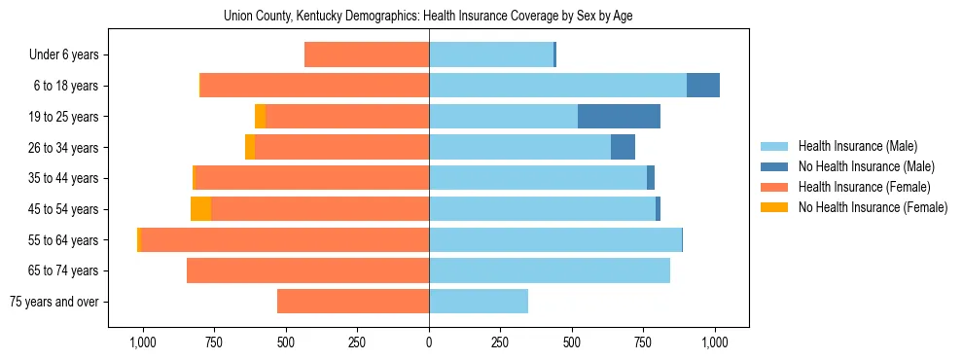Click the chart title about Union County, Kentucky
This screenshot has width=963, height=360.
click(429, 16)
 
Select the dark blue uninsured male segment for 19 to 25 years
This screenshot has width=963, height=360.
click(619, 117)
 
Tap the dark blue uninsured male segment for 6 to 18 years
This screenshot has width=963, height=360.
click(702, 86)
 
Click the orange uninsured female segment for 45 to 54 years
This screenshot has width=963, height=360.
click(200, 209)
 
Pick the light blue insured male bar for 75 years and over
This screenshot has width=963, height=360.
click(479, 302)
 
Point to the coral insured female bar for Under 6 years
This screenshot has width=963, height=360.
click(367, 54)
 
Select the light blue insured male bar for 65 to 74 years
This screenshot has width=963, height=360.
click(550, 270)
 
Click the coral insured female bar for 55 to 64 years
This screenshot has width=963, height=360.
click(285, 239)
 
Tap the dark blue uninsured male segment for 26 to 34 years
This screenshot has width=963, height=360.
click(623, 147)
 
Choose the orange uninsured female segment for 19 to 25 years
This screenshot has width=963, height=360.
click(260, 117)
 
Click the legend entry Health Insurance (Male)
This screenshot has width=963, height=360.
click(857, 146)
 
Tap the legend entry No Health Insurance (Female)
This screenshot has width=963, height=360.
click(873, 207)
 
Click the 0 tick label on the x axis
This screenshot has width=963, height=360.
click(429, 342)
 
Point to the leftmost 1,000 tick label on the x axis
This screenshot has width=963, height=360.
click(143, 342)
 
